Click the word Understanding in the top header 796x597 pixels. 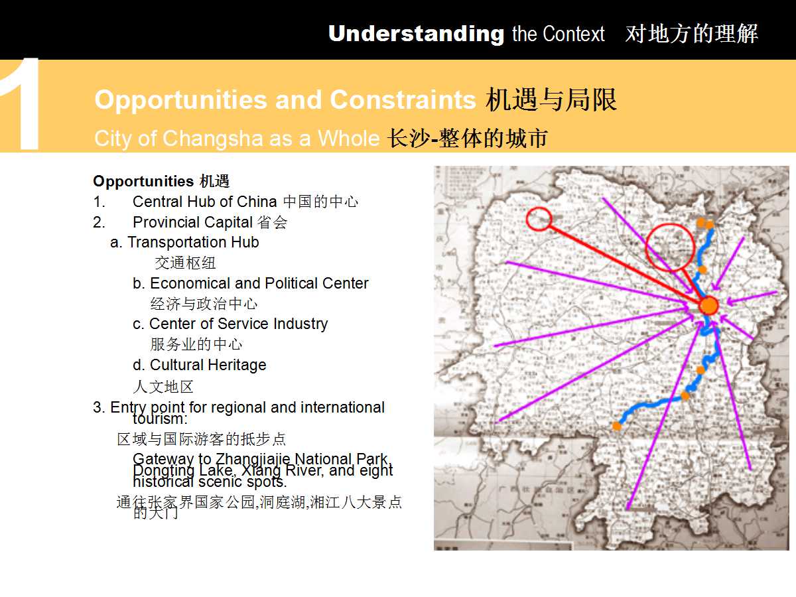[x=416, y=34]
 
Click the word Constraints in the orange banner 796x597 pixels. [x=403, y=99]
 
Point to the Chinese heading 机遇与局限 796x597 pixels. [x=551, y=99]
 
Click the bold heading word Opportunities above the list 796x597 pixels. [x=143, y=181]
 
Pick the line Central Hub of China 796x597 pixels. [x=205, y=202]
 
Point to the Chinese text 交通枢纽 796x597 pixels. [x=185, y=263]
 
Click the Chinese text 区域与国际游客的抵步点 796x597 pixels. [x=202, y=439]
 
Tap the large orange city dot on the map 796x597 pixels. [x=708, y=306]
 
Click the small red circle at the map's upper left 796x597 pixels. [x=539, y=219]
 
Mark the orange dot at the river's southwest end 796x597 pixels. [x=617, y=426]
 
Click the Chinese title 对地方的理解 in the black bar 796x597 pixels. [x=691, y=34]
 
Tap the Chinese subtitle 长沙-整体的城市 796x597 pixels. [x=468, y=139]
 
